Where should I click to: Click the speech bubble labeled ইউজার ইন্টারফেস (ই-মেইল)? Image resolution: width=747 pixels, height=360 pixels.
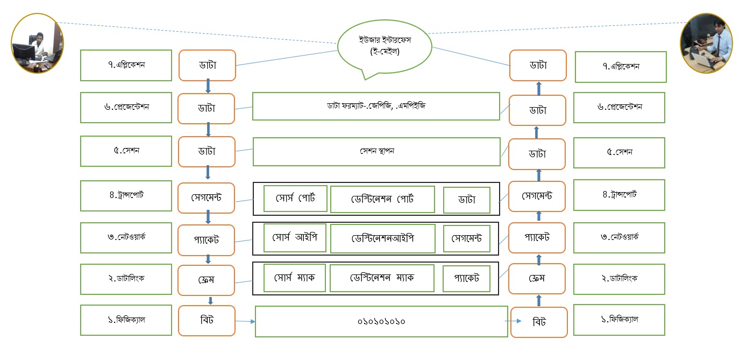[385, 47]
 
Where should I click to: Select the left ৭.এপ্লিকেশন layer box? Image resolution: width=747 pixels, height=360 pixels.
[126, 65]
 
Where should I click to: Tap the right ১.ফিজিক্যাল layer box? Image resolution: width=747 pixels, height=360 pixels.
[620, 320]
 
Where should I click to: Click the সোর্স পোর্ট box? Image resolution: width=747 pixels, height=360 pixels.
[295, 199]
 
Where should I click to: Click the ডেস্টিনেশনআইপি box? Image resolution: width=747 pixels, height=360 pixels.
[382, 238]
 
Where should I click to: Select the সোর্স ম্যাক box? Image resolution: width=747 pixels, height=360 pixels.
[294, 278]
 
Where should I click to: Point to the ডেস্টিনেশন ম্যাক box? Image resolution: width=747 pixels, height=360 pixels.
[382, 278]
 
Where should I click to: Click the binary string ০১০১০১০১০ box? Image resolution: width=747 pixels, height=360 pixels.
[381, 321]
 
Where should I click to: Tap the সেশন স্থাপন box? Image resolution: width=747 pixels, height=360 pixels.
[376, 152]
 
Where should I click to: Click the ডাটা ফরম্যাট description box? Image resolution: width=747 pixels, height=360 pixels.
[376, 106]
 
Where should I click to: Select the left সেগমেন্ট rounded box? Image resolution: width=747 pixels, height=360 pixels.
[207, 197]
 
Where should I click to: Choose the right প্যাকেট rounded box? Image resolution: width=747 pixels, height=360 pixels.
[537, 237]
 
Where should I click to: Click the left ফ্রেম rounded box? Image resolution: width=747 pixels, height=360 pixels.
[207, 280]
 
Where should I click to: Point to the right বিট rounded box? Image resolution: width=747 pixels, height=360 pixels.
[538, 322]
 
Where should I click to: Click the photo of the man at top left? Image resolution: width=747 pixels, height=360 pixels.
[38, 44]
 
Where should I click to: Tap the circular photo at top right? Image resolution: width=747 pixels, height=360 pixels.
[706, 43]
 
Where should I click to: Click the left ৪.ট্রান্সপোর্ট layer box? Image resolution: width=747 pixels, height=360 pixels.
[126, 195]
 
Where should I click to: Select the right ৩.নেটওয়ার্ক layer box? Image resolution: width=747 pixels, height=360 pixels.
[620, 237]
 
